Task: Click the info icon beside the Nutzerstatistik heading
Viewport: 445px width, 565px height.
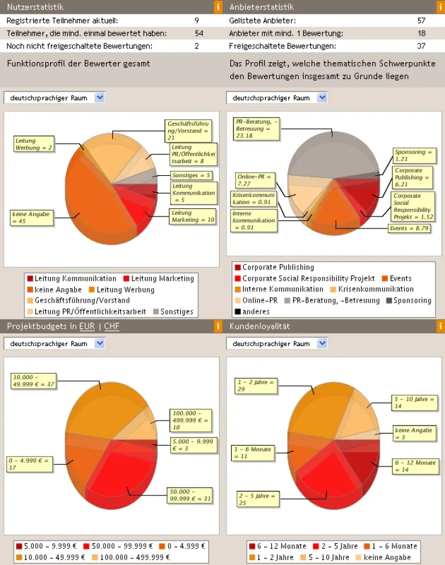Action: [218, 7]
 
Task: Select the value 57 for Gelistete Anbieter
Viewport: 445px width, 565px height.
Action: [421, 21]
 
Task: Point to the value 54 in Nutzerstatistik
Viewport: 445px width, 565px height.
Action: [199, 33]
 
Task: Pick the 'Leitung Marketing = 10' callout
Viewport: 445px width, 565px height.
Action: [193, 217]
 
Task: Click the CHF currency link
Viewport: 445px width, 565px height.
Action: [111, 326]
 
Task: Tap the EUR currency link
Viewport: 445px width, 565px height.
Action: [87, 326]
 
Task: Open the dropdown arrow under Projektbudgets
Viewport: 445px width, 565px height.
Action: [99, 343]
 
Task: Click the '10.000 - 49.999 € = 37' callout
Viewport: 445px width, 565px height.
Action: [33, 380]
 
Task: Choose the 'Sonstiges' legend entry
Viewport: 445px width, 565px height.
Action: [173, 312]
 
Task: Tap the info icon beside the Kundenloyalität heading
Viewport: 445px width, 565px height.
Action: [440, 326]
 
